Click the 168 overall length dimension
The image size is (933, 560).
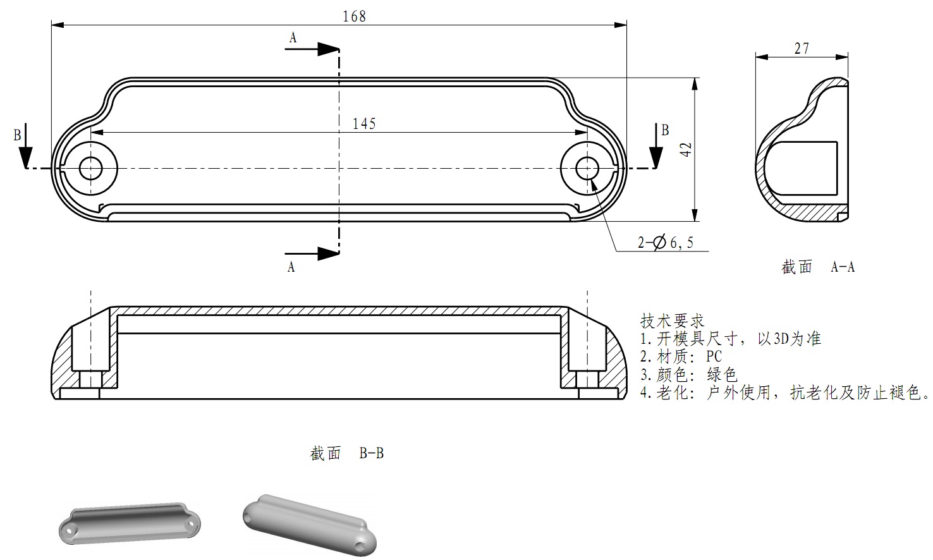coord(354,16)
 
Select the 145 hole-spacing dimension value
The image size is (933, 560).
coord(364,123)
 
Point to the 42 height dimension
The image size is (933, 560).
coord(687,150)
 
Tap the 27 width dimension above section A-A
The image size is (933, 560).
coord(802,48)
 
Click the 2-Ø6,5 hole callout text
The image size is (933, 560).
coord(665,242)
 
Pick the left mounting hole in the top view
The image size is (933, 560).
coord(91,168)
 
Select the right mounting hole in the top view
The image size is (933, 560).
coord(588,168)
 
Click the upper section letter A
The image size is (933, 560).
coord(293,38)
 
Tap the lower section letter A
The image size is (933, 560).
coord(291,267)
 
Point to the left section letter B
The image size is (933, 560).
coord(18,135)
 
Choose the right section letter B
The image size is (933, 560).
coord(665,130)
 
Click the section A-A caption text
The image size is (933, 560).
coord(818,267)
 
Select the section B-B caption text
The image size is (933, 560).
coord(347,453)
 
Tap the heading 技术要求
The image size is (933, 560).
coord(673,320)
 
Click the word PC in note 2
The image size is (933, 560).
coord(714,356)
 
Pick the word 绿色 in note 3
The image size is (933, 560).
coord(722,374)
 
